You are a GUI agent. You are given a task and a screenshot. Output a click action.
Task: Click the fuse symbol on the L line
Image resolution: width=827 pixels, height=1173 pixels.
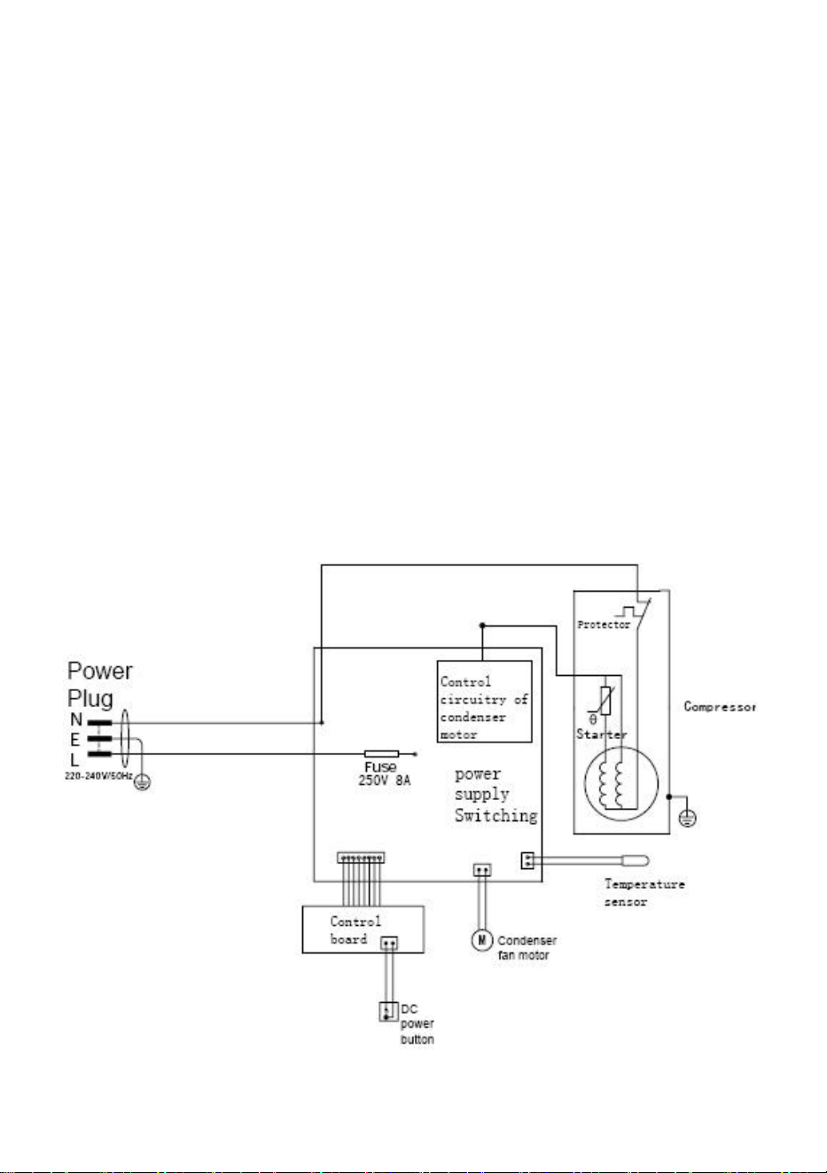click(381, 754)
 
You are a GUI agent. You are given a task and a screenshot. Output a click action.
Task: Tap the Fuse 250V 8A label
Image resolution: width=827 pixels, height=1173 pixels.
click(384, 774)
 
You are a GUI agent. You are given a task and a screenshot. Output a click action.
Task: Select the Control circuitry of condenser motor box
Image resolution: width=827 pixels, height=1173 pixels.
click(484, 701)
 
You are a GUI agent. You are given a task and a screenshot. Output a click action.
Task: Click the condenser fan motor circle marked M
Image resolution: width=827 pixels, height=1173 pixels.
click(481, 939)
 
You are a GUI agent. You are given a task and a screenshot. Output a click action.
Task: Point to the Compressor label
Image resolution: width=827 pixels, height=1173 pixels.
click(720, 707)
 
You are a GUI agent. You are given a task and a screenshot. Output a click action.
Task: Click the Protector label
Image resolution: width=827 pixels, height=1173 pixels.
click(604, 625)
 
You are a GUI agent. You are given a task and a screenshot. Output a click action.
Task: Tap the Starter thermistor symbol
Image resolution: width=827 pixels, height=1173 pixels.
click(605, 701)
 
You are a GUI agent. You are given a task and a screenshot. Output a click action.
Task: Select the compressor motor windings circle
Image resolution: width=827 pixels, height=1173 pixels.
click(621, 784)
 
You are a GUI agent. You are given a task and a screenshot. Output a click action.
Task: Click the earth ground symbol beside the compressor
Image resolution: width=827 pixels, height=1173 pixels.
click(688, 818)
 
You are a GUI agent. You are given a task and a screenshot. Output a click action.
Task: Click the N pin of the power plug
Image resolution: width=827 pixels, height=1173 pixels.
click(99, 723)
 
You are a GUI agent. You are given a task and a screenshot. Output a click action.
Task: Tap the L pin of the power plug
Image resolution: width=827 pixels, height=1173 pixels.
click(99, 754)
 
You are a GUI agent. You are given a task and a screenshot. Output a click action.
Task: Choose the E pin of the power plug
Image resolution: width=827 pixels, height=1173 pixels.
click(99, 739)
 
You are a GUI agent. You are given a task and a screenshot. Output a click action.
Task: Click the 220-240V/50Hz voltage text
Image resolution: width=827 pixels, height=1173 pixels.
click(98, 775)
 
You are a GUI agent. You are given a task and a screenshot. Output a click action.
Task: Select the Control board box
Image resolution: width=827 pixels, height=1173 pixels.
click(363, 929)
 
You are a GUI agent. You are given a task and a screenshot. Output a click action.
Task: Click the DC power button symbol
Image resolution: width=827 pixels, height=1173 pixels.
click(386, 1011)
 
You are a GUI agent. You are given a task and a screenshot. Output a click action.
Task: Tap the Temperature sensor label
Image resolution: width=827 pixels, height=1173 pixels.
click(644, 893)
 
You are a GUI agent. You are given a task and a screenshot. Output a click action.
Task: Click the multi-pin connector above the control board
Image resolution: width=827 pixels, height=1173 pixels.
click(361, 858)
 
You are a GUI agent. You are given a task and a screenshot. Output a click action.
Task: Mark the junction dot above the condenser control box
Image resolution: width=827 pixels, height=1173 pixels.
click(482, 625)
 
